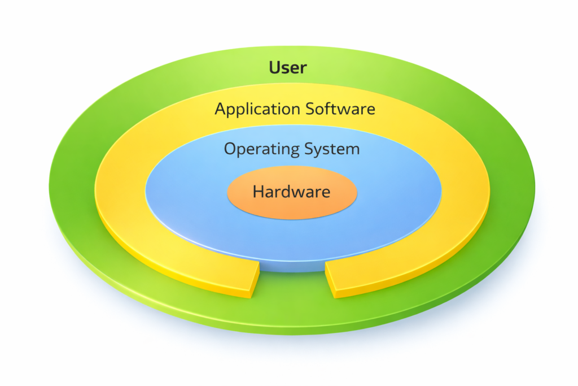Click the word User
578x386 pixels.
point(288,67)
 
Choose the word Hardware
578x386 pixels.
point(291,192)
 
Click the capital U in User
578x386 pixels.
point(275,67)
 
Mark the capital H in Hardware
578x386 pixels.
point(259,192)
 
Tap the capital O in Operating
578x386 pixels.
point(231,149)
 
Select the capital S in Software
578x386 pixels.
point(311,109)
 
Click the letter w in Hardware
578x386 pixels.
point(301,193)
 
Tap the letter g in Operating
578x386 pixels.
point(292,151)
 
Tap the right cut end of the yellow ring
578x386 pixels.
point(330,280)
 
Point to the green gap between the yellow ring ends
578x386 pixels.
point(292,286)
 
